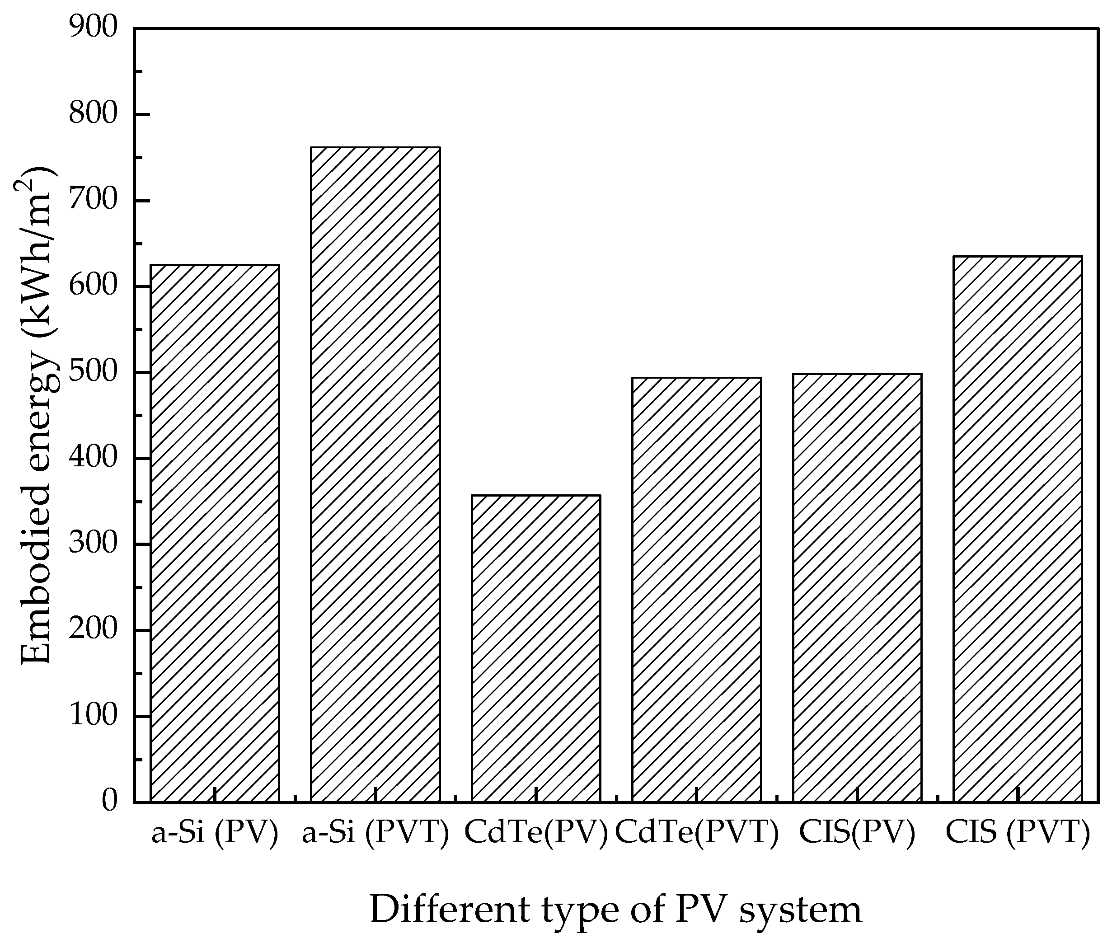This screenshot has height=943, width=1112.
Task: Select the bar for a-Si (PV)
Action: tap(215, 535)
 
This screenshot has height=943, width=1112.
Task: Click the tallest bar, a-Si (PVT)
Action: tap(375, 476)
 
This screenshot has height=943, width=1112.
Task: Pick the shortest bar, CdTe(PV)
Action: tap(536, 649)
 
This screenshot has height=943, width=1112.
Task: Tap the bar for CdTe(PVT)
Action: tap(697, 591)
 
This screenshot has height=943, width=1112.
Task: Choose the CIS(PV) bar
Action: tap(857, 588)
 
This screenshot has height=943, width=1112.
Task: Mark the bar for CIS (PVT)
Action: tap(1018, 529)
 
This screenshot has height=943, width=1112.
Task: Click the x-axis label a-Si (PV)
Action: tap(215, 833)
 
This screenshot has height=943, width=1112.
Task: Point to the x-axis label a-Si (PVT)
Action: tap(375, 833)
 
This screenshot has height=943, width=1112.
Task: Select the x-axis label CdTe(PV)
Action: tap(536, 833)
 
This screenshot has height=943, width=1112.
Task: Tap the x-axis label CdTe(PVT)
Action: tap(697, 833)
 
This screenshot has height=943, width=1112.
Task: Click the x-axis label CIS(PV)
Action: tap(857, 833)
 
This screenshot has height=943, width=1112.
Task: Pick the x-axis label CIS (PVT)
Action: tap(1018, 833)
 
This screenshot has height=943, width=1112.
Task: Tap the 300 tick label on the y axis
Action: tap(93, 544)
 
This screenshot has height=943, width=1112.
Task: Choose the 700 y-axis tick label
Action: tap(93, 201)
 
